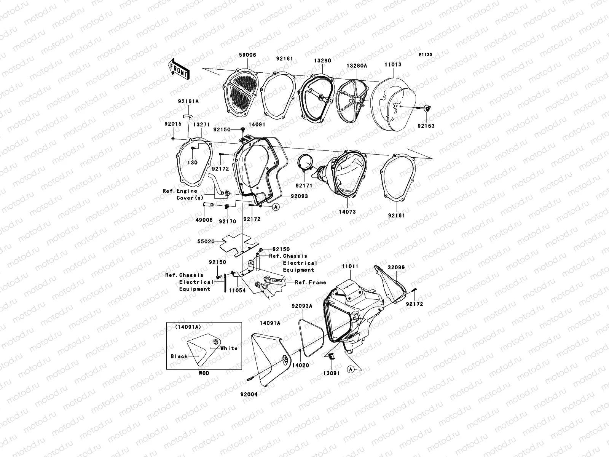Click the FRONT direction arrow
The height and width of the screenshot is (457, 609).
click(179, 69)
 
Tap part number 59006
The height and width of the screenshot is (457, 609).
click(247, 55)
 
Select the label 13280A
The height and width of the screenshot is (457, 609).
click(357, 66)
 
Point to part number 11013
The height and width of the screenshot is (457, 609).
click(393, 64)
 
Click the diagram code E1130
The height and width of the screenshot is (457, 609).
click(425, 55)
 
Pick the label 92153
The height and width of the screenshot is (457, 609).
click(426, 126)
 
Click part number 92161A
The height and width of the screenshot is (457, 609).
click(188, 101)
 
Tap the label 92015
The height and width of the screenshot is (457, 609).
click(173, 124)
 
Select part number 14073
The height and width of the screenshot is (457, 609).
click(347, 212)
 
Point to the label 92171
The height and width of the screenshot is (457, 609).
click(304, 185)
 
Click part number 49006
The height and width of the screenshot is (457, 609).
click(204, 220)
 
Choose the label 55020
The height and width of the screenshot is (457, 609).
click(206, 241)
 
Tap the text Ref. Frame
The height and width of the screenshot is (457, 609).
click(311, 282)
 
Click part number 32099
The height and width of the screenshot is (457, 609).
click(396, 267)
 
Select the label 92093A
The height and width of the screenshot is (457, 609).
click(302, 306)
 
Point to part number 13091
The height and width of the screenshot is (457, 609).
click(331, 373)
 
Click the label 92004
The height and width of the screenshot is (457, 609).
click(249, 394)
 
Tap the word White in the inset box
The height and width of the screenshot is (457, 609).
click(229, 348)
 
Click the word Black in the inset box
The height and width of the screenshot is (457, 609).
click(179, 356)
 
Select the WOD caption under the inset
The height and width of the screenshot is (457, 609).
click(204, 373)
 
